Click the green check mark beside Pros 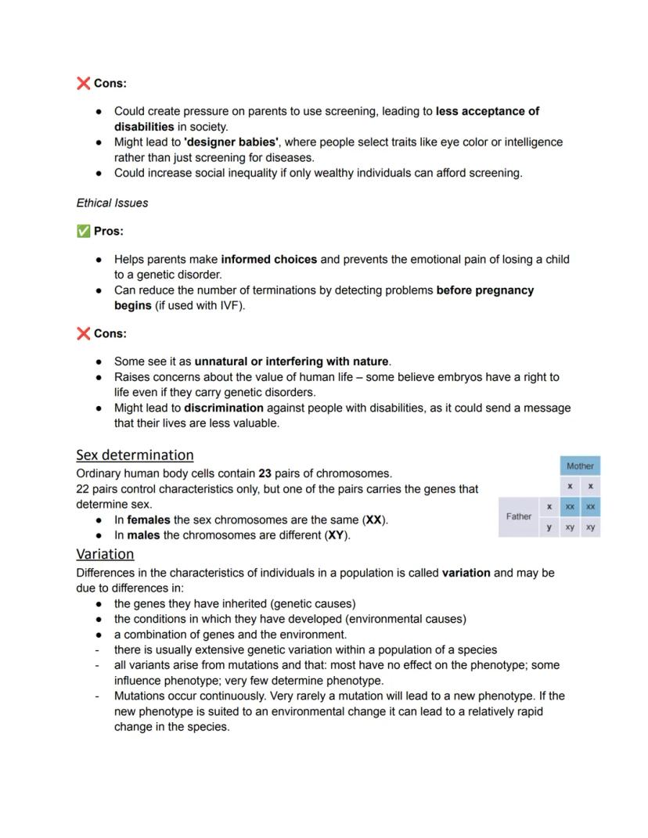coord(83,231)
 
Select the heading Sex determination coord(135,455)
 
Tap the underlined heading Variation coord(105,554)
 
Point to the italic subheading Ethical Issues coord(112,203)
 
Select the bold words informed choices coord(269,259)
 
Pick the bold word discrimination coord(224,408)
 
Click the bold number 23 coord(265,473)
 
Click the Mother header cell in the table coord(580,466)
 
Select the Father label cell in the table coord(519,516)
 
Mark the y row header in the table coord(549,527)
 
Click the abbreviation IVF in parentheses coord(229,305)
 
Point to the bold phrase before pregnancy coord(484,290)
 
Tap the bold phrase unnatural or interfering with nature coord(291,361)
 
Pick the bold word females coord(149,520)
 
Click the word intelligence coord(533,142)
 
